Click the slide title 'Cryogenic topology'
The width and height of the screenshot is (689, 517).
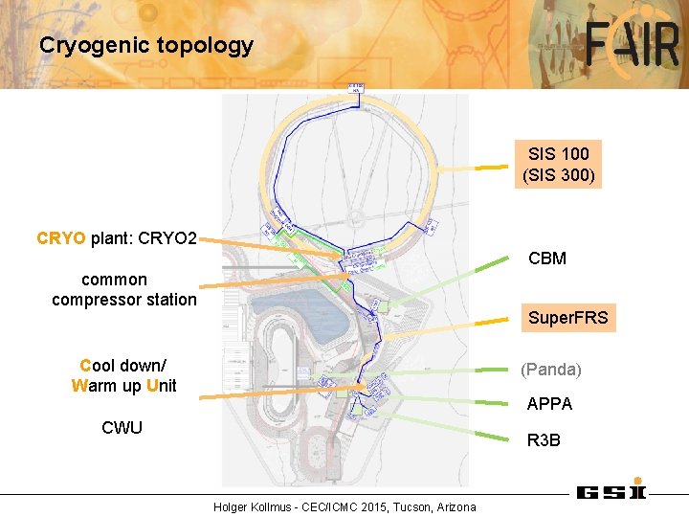[x=146, y=45]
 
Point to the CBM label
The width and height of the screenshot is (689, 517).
[x=547, y=258]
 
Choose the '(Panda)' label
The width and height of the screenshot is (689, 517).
[x=550, y=369]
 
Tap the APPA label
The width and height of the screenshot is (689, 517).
[x=549, y=404]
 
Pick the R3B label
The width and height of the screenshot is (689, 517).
[x=544, y=440]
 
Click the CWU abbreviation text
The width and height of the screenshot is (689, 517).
[x=122, y=427]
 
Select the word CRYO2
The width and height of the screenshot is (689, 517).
[x=167, y=237]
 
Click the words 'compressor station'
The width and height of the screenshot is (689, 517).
[x=124, y=300]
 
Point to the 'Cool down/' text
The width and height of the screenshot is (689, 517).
[x=123, y=366]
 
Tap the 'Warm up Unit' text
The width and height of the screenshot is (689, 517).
[x=123, y=386]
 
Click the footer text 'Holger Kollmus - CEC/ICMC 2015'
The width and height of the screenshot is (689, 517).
[x=302, y=506]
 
